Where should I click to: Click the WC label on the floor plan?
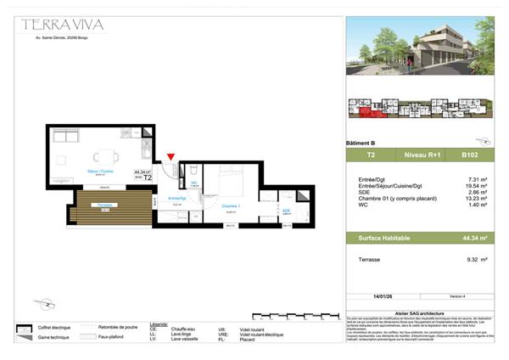[194, 183]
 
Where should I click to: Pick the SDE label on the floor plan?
[286, 211]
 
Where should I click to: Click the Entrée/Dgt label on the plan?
[176, 198]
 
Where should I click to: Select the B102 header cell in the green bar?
[469, 155]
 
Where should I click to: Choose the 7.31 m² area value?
[480, 178]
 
